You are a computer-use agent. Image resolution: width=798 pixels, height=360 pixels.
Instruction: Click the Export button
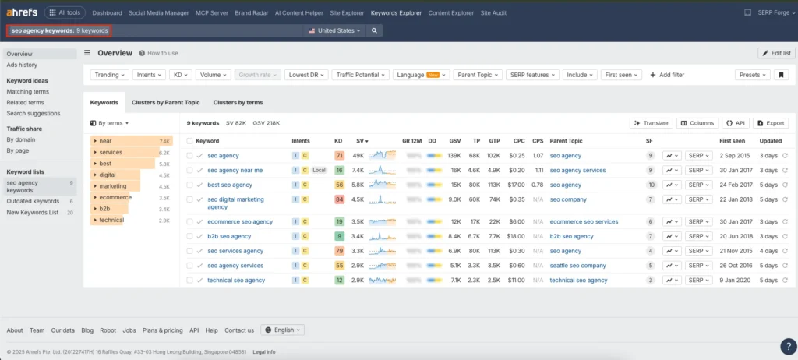point(771,123)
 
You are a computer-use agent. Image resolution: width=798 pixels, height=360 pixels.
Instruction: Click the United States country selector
point(335,30)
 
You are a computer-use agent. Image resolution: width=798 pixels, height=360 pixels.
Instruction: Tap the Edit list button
point(776,53)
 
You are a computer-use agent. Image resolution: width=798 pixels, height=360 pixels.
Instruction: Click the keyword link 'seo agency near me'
point(235,170)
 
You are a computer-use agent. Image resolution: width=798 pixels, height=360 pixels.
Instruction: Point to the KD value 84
point(339,199)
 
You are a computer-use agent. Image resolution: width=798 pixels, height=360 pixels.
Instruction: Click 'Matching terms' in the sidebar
point(28,92)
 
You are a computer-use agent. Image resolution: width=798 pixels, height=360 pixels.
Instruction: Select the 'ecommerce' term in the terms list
point(115,198)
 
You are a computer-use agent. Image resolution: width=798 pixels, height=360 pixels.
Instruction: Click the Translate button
point(651,123)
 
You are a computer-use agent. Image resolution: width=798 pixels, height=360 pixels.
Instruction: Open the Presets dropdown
point(752,75)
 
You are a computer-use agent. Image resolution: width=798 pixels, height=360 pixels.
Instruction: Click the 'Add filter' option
point(666,75)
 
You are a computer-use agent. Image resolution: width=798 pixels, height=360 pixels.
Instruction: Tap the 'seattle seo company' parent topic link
point(577,266)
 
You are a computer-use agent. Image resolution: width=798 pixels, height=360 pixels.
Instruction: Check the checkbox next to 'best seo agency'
point(189,185)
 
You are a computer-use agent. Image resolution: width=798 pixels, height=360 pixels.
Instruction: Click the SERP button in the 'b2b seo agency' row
point(698,236)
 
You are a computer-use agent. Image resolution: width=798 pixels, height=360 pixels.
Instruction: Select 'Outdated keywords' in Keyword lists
point(34,201)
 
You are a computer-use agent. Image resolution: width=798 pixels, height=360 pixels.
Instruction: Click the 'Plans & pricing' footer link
point(162,330)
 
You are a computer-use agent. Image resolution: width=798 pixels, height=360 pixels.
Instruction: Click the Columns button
point(697,123)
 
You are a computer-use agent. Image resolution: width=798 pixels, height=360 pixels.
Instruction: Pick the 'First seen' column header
point(732,141)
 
